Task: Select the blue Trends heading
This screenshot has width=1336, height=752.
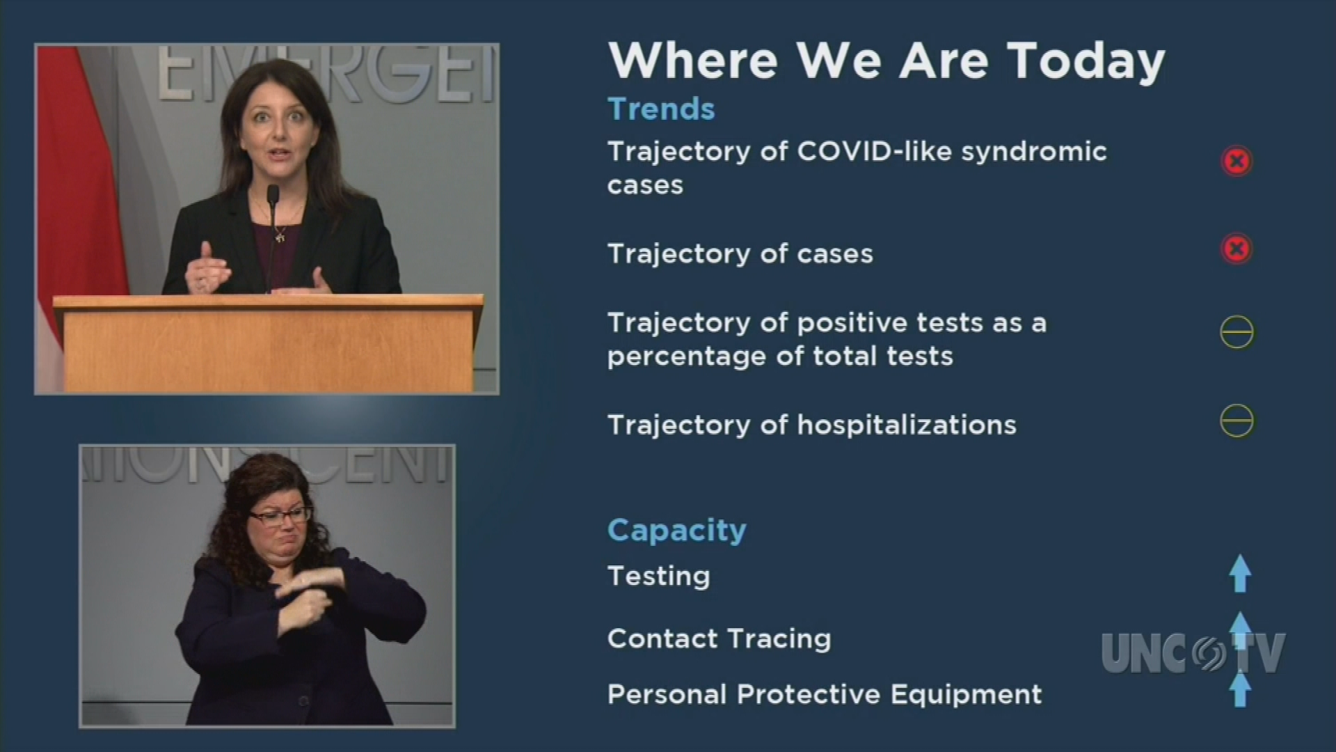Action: click(661, 109)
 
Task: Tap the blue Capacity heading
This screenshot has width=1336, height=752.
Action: click(676, 531)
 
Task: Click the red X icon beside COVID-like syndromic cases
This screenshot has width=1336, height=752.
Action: click(1236, 162)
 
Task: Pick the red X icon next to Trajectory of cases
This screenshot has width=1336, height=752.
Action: click(1236, 249)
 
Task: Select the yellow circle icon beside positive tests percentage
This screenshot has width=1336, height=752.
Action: click(1237, 332)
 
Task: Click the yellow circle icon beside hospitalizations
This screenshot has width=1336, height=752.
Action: click(1237, 421)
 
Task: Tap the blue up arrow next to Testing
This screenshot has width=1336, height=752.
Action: click(1240, 574)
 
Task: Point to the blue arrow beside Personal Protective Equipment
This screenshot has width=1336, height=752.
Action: click(1240, 689)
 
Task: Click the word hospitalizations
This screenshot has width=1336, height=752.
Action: click(907, 425)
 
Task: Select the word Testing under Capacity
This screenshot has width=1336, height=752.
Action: click(658, 577)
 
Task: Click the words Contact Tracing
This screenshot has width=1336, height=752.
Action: click(719, 639)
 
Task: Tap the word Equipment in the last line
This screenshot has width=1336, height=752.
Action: click(966, 695)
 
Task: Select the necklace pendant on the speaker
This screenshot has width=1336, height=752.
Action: click(280, 235)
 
